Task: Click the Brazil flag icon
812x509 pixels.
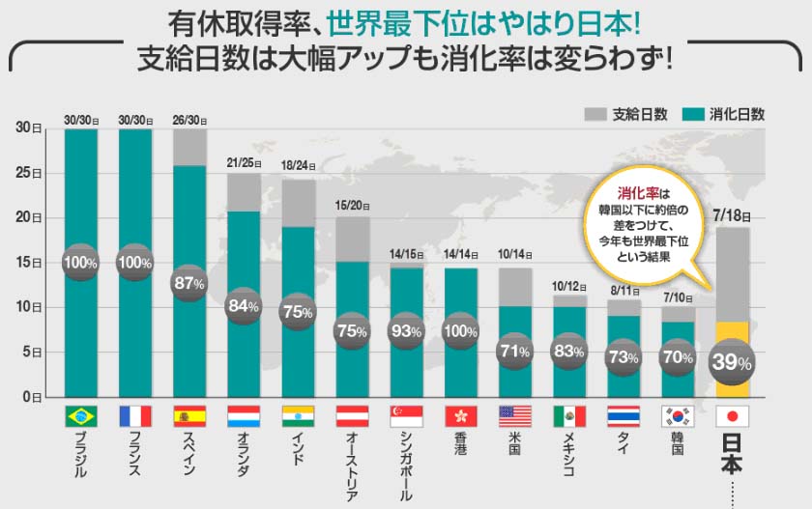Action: point(81,416)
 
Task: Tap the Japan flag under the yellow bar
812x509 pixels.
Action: point(732,416)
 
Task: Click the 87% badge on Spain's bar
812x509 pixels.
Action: point(189,283)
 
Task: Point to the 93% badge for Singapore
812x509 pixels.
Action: point(406,329)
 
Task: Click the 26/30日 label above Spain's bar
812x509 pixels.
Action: point(189,120)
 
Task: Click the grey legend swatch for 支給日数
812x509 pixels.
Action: point(594,113)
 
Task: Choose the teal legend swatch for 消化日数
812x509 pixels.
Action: point(691,113)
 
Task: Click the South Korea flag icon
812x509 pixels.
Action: point(677,416)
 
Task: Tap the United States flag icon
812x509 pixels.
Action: point(514,416)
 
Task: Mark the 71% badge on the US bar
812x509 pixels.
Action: point(514,351)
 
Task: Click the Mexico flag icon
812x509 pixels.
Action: point(568,416)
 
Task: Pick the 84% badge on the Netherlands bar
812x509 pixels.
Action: point(244,306)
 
